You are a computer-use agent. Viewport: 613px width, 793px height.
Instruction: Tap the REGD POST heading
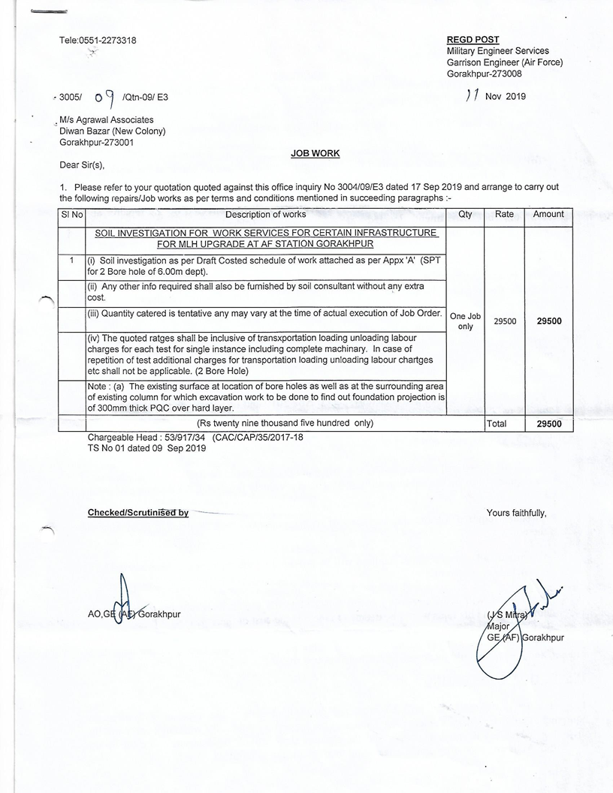473,40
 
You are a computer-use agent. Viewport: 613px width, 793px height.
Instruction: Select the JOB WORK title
315,153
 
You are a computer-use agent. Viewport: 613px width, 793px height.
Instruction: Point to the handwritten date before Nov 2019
473,95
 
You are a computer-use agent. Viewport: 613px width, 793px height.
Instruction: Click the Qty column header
465,215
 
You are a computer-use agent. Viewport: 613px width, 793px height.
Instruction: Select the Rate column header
504,215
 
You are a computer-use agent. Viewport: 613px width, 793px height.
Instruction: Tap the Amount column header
548,215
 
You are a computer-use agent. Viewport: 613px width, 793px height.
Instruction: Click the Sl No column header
71,215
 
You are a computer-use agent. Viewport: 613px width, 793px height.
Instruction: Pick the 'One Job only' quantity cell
465,321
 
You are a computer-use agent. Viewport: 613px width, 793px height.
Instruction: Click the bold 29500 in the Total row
548,424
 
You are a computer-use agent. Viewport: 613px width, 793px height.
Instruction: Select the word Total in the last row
497,424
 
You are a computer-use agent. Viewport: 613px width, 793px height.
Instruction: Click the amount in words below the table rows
285,424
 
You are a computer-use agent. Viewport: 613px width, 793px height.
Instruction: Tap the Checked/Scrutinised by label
138,513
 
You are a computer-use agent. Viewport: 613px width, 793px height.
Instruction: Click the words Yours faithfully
516,513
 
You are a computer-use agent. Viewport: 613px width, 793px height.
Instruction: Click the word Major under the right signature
499,626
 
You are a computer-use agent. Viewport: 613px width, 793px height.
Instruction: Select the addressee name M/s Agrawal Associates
107,120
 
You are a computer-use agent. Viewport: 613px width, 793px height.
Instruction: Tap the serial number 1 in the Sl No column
71,261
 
